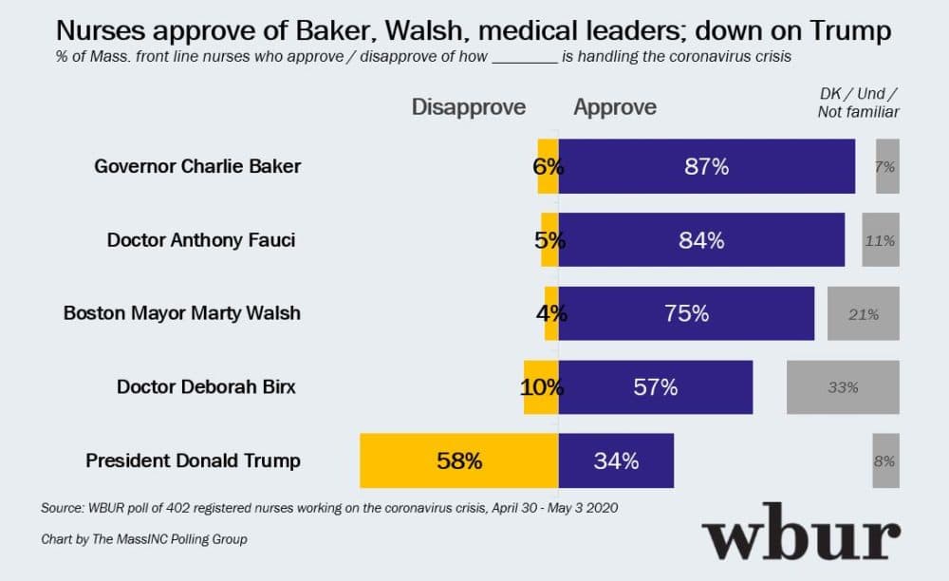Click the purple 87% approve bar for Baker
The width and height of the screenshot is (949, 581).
point(707,166)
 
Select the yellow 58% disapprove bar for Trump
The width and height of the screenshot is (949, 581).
point(459,461)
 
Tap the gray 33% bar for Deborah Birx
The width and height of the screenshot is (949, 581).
point(843,387)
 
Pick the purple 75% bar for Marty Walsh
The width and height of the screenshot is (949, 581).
point(686,313)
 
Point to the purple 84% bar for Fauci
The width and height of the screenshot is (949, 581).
point(701,240)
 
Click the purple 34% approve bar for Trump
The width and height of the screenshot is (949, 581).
point(616,461)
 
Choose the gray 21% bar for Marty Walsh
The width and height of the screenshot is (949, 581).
point(863,313)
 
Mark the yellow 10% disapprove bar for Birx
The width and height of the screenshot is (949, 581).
point(541,387)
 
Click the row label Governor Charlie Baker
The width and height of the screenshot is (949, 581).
point(197,166)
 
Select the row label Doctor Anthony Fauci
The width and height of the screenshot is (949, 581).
point(201,240)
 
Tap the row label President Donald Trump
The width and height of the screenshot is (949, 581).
point(193,461)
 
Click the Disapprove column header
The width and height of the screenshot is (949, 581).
point(468,107)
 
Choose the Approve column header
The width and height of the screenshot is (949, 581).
point(615,107)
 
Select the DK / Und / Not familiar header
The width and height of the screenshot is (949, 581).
point(858,103)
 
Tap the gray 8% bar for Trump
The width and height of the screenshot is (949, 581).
point(885,461)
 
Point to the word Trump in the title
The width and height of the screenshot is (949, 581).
point(848,31)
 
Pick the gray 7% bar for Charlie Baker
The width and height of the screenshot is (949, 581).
point(887,166)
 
